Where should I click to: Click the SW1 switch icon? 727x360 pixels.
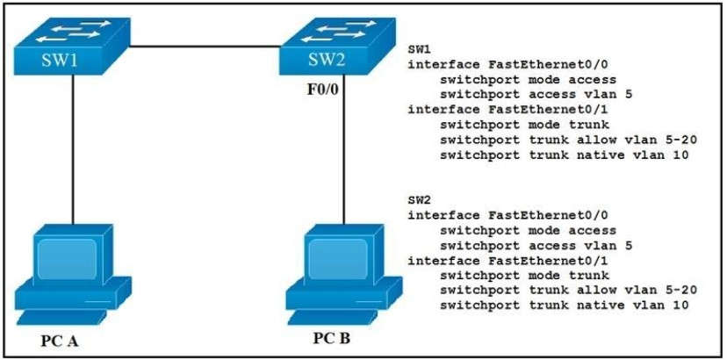tap(69, 48)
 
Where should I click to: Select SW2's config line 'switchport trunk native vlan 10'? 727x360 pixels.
tap(563, 305)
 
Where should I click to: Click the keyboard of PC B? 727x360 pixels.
tap(329, 313)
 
